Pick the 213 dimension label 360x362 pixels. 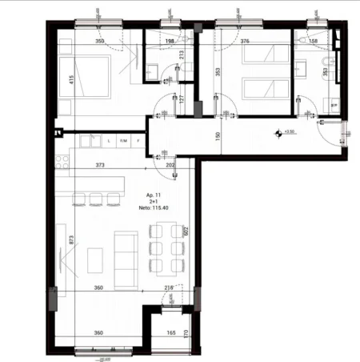pos(181,56)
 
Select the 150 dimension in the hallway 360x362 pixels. pos(217,135)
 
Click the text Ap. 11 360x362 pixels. pos(154,195)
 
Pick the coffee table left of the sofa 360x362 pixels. pos(96,259)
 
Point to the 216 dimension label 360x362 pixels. pos(168,288)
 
